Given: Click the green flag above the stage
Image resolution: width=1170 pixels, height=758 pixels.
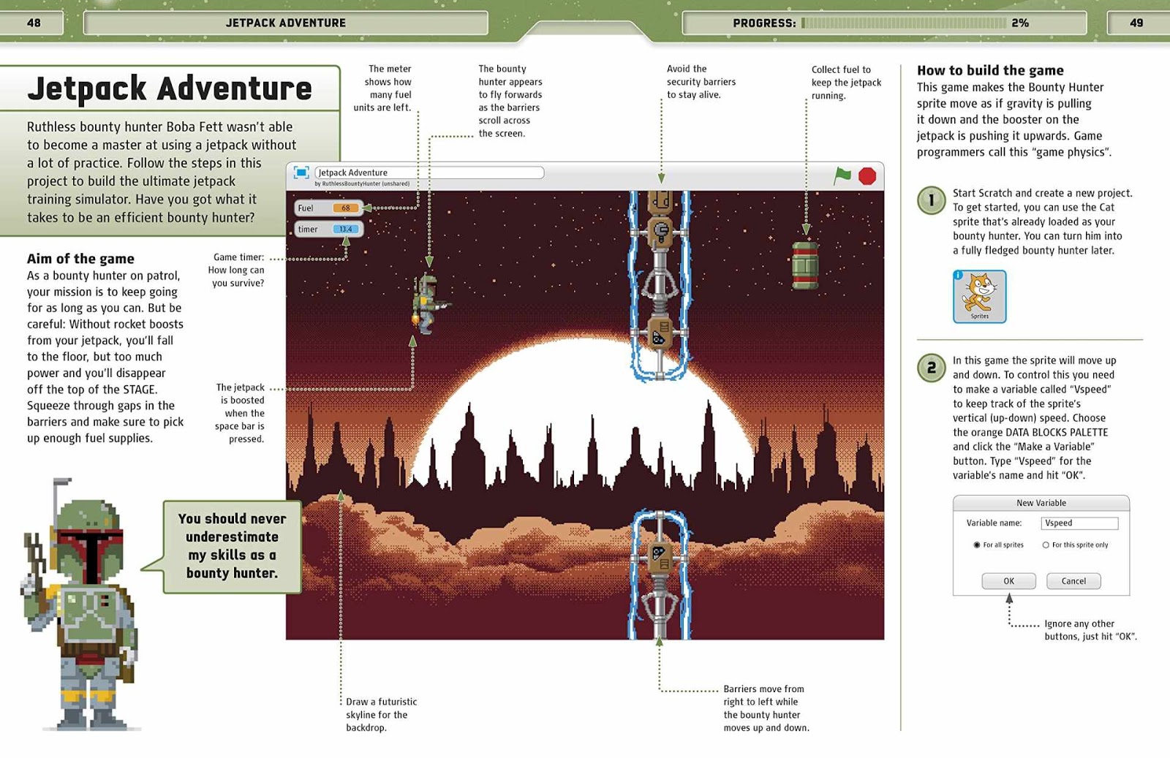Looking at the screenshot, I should click(842, 175).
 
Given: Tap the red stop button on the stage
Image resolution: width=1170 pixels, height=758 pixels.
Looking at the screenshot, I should click(867, 176).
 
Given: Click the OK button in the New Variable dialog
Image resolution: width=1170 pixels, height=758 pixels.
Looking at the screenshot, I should click(1008, 581).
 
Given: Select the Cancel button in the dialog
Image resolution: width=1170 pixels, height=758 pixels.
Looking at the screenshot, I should click(1073, 581).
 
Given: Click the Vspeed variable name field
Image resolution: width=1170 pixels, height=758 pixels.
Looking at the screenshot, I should click(1079, 523).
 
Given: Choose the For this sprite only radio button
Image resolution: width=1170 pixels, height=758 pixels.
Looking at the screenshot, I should click(1046, 545).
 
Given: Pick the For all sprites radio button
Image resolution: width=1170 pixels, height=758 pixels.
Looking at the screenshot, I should click(977, 545).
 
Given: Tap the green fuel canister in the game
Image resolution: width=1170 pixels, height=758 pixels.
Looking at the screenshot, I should click(804, 265).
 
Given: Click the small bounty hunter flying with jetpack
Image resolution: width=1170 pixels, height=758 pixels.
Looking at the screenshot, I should click(428, 303).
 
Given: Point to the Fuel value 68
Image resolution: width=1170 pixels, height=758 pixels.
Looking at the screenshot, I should click(346, 208).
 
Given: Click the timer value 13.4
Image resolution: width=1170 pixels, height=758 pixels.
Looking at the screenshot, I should click(345, 230).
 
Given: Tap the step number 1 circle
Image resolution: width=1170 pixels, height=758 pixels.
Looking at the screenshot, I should click(931, 200).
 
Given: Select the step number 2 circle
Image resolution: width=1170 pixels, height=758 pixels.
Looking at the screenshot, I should click(931, 368).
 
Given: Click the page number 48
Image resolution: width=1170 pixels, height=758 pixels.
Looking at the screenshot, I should click(34, 23).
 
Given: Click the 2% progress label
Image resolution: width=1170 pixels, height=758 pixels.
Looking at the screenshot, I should click(1020, 23).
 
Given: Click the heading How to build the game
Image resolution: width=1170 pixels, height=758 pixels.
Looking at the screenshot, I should click(990, 70).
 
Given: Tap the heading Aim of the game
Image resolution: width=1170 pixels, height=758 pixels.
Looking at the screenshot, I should click(80, 259).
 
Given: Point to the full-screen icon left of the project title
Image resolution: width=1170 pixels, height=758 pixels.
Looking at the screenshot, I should click(301, 173).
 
